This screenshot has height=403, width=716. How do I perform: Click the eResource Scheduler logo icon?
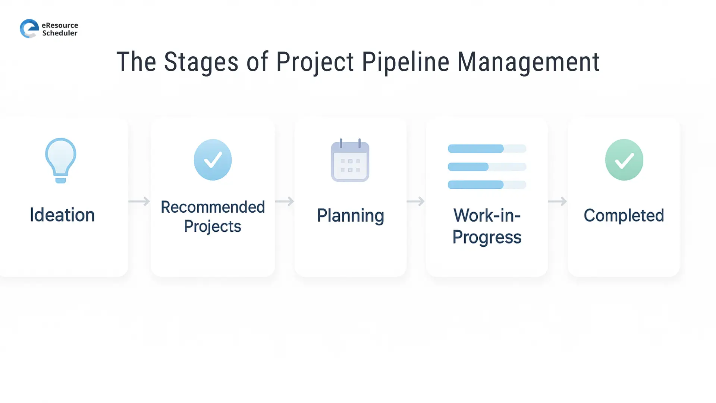[x=29, y=29]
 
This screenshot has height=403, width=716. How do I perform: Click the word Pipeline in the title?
[x=405, y=62]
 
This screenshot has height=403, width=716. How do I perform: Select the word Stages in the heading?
[x=201, y=62]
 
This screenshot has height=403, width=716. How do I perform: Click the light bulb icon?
[x=61, y=160]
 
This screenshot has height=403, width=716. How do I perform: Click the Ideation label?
[x=62, y=215]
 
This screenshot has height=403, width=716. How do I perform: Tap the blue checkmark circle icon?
[x=213, y=160]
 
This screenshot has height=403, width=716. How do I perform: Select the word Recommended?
[x=213, y=207]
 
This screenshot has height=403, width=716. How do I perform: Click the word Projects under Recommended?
[x=213, y=227]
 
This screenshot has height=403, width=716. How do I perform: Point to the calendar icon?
[x=350, y=160]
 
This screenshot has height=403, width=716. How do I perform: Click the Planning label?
[x=350, y=216]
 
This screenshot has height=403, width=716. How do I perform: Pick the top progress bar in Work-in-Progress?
[x=487, y=149]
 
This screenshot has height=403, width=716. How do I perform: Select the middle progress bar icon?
[x=487, y=167]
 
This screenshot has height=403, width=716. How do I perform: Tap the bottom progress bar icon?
[x=487, y=185]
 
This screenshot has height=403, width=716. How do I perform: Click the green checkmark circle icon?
[x=624, y=160]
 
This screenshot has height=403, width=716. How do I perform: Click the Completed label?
[x=624, y=215]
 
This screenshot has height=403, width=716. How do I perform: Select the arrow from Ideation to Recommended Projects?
[x=139, y=201]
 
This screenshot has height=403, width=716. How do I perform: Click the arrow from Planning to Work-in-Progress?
[x=415, y=201]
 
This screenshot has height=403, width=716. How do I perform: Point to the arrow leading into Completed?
[x=558, y=201]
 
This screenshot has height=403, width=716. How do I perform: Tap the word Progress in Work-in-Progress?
[x=487, y=237]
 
